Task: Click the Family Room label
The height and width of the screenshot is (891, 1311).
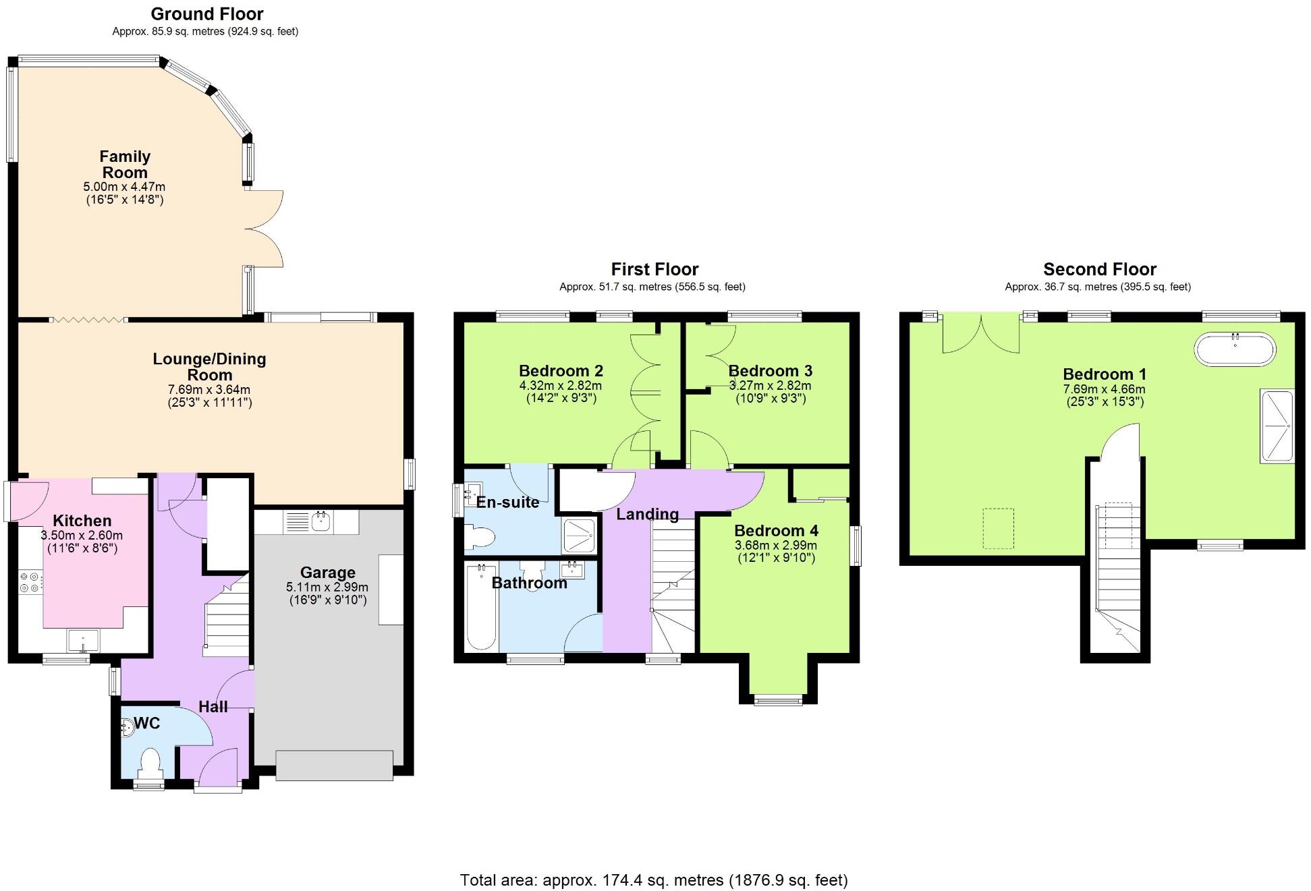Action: pos(125,165)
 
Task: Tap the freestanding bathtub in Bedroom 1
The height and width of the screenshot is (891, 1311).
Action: pos(1235,349)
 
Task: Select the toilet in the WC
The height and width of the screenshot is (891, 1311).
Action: pos(150,764)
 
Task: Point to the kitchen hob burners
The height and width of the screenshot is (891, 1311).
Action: pos(30,582)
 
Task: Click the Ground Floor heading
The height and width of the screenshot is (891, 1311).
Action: pos(206,13)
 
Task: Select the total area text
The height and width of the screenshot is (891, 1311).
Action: pos(654,880)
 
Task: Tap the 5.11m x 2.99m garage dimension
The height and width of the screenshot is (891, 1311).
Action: pos(327,587)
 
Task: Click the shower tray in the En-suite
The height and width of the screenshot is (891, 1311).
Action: pos(580,536)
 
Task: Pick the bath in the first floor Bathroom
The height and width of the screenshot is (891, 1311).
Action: pos(481,607)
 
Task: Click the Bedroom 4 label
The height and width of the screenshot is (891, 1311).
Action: pos(775,531)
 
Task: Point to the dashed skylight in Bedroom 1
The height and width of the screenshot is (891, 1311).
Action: pos(999,528)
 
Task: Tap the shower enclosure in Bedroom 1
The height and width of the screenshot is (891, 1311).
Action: pos(1277,426)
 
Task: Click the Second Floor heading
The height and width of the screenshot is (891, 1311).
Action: pos(1099,269)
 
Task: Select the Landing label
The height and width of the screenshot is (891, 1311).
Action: pos(647,514)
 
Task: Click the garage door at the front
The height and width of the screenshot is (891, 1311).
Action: pos(334,766)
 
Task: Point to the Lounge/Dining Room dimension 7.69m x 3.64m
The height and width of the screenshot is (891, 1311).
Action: pos(209,390)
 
